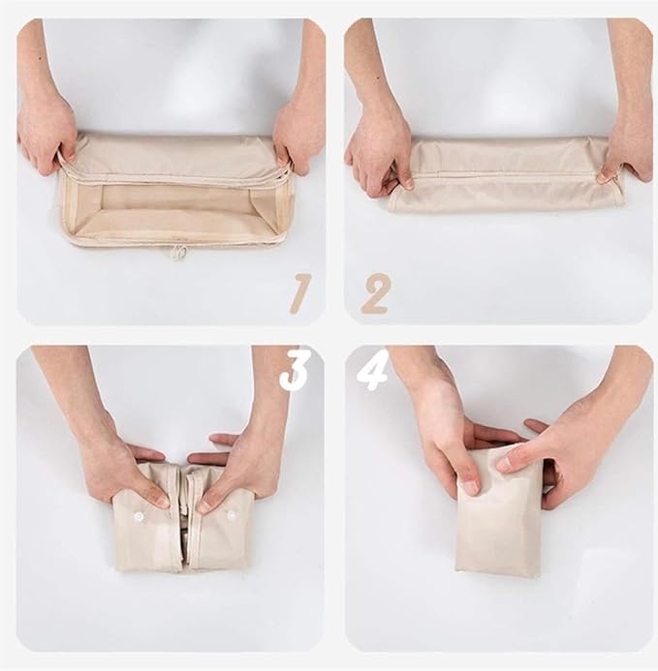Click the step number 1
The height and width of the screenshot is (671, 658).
[299, 292]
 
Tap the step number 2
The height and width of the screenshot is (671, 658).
[375, 293]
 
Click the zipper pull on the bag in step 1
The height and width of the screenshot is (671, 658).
[180, 253]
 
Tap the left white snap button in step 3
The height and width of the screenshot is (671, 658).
[138, 517]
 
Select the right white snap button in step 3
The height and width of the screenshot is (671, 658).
[232, 515]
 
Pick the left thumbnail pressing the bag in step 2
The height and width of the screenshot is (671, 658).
[408, 185]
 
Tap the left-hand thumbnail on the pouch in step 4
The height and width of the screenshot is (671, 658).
[471, 487]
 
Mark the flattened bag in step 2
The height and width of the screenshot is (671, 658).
[506, 175]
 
